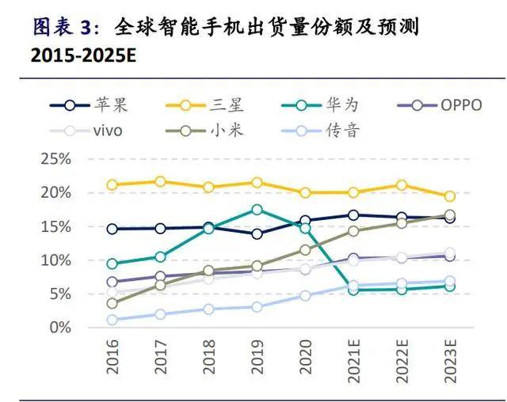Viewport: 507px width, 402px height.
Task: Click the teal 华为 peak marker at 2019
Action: pyautogui.click(x=257, y=210)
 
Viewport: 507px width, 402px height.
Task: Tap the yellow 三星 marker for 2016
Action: pyautogui.click(x=112, y=185)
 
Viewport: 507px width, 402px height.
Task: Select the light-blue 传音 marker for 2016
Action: pyautogui.click(x=112, y=320)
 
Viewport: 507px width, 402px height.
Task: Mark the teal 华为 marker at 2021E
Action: pyautogui.click(x=353, y=290)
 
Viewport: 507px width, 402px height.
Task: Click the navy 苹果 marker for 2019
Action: pyautogui.click(x=257, y=234)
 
